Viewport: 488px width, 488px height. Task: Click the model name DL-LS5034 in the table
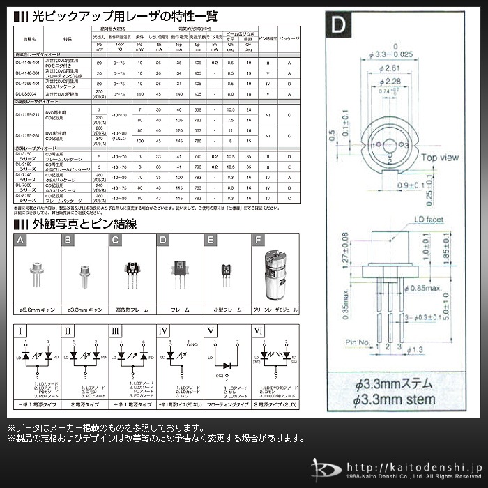(x=29, y=93)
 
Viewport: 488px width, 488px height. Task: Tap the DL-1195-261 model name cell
(x=29, y=136)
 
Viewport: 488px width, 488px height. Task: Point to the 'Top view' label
(x=437, y=157)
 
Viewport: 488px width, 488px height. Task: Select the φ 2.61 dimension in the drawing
(x=391, y=68)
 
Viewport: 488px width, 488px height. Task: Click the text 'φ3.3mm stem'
(x=394, y=399)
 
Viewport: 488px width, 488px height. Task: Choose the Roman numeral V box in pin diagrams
(x=210, y=331)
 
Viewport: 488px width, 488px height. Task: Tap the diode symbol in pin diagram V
(x=224, y=364)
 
